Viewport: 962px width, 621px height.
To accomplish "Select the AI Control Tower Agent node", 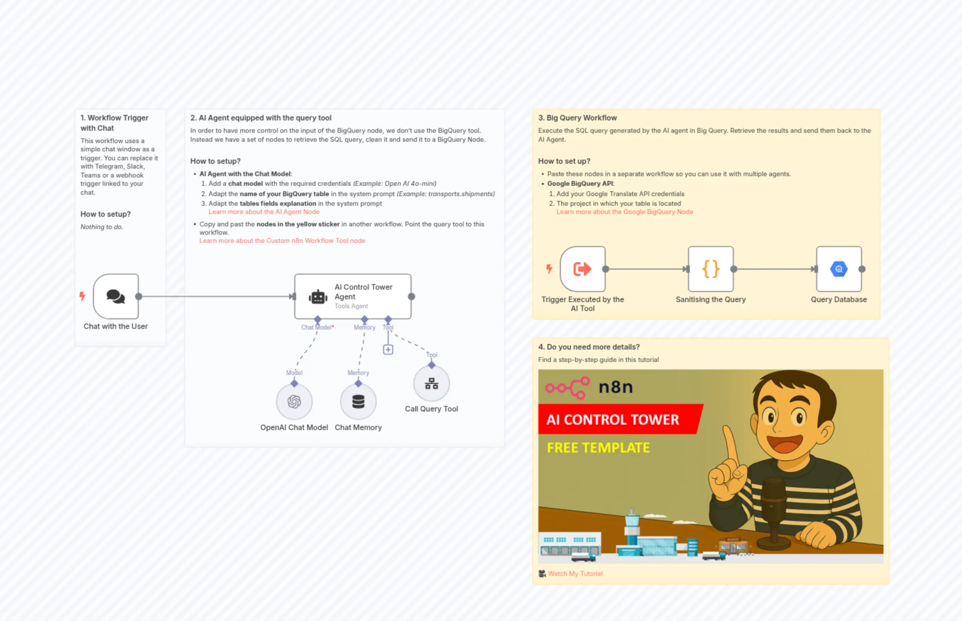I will (353, 296).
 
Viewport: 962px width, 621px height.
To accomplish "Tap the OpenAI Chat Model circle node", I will (294, 401).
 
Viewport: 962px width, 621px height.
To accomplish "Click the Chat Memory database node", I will (358, 401).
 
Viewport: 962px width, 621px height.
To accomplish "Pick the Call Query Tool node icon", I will (431, 384).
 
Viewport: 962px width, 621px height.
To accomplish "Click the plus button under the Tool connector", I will (388, 350).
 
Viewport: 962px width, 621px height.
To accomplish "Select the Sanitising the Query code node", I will (711, 269).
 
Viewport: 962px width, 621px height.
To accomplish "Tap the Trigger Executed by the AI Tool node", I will (583, 269).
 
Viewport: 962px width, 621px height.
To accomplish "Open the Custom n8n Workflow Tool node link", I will (282, 241).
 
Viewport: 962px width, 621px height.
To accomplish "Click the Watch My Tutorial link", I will (575, 574).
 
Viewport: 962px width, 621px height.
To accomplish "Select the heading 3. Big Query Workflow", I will (577, 118).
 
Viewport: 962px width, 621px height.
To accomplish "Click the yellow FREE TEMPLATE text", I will (598, 448).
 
